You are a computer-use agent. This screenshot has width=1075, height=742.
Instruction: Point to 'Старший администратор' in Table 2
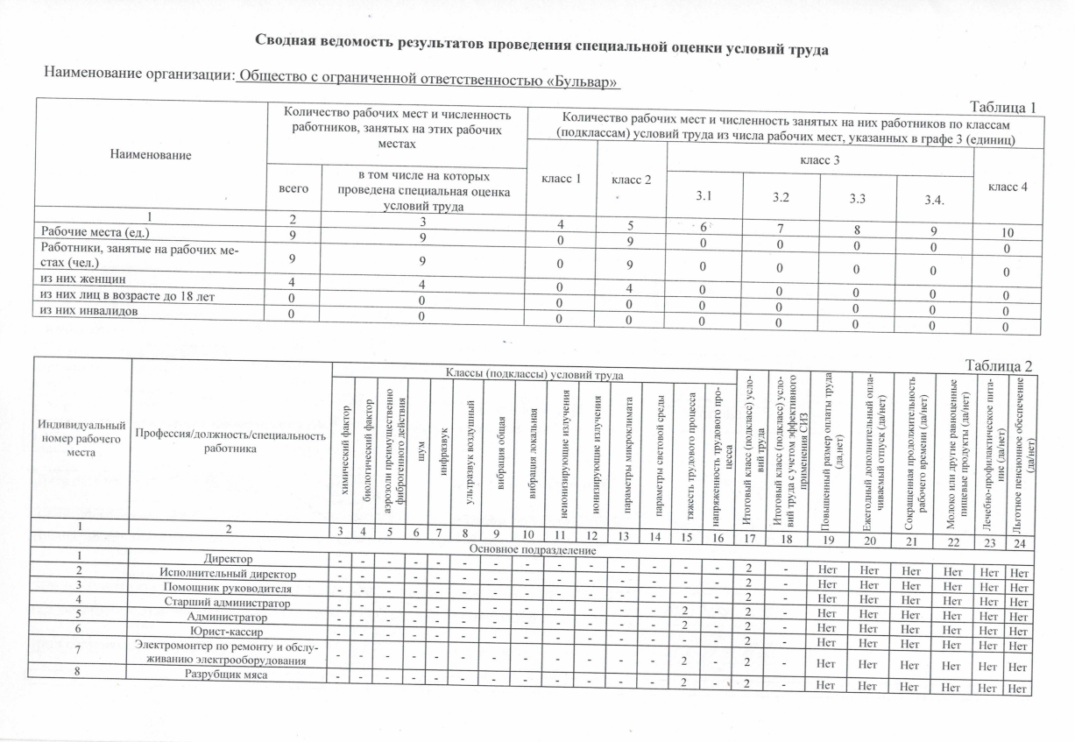point(230,602)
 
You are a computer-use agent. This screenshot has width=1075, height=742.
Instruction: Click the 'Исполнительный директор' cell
point(230,574)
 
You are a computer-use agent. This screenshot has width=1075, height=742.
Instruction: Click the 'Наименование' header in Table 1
point(150,153)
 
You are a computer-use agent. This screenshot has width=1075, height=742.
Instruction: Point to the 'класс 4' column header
point(1008,187)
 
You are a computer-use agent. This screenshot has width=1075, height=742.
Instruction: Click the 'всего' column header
point(294,187)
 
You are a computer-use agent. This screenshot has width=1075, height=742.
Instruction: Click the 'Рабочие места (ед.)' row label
point(95,232)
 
